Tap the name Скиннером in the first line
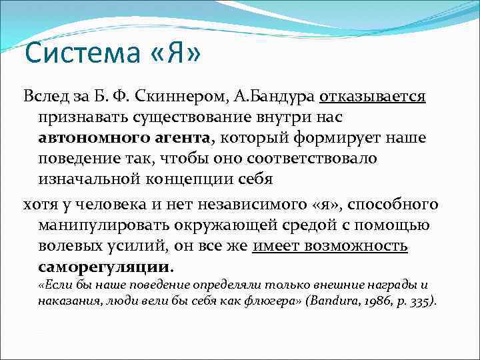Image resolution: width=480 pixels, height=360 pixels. pos(183,97)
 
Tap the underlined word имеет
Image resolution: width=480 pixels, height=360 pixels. pos(275,245)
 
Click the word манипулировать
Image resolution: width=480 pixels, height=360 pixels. pos(100,224)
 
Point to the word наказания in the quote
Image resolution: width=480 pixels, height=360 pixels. pos(63,301)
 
